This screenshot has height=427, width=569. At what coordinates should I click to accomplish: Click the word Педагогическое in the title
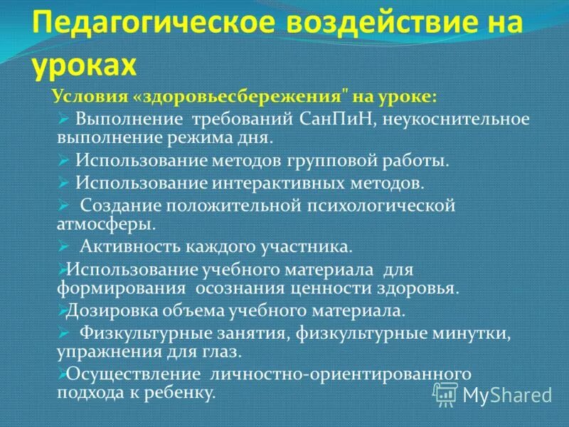(x=142, y=27)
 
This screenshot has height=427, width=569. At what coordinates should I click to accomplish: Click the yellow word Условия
(x=85, y=96)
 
